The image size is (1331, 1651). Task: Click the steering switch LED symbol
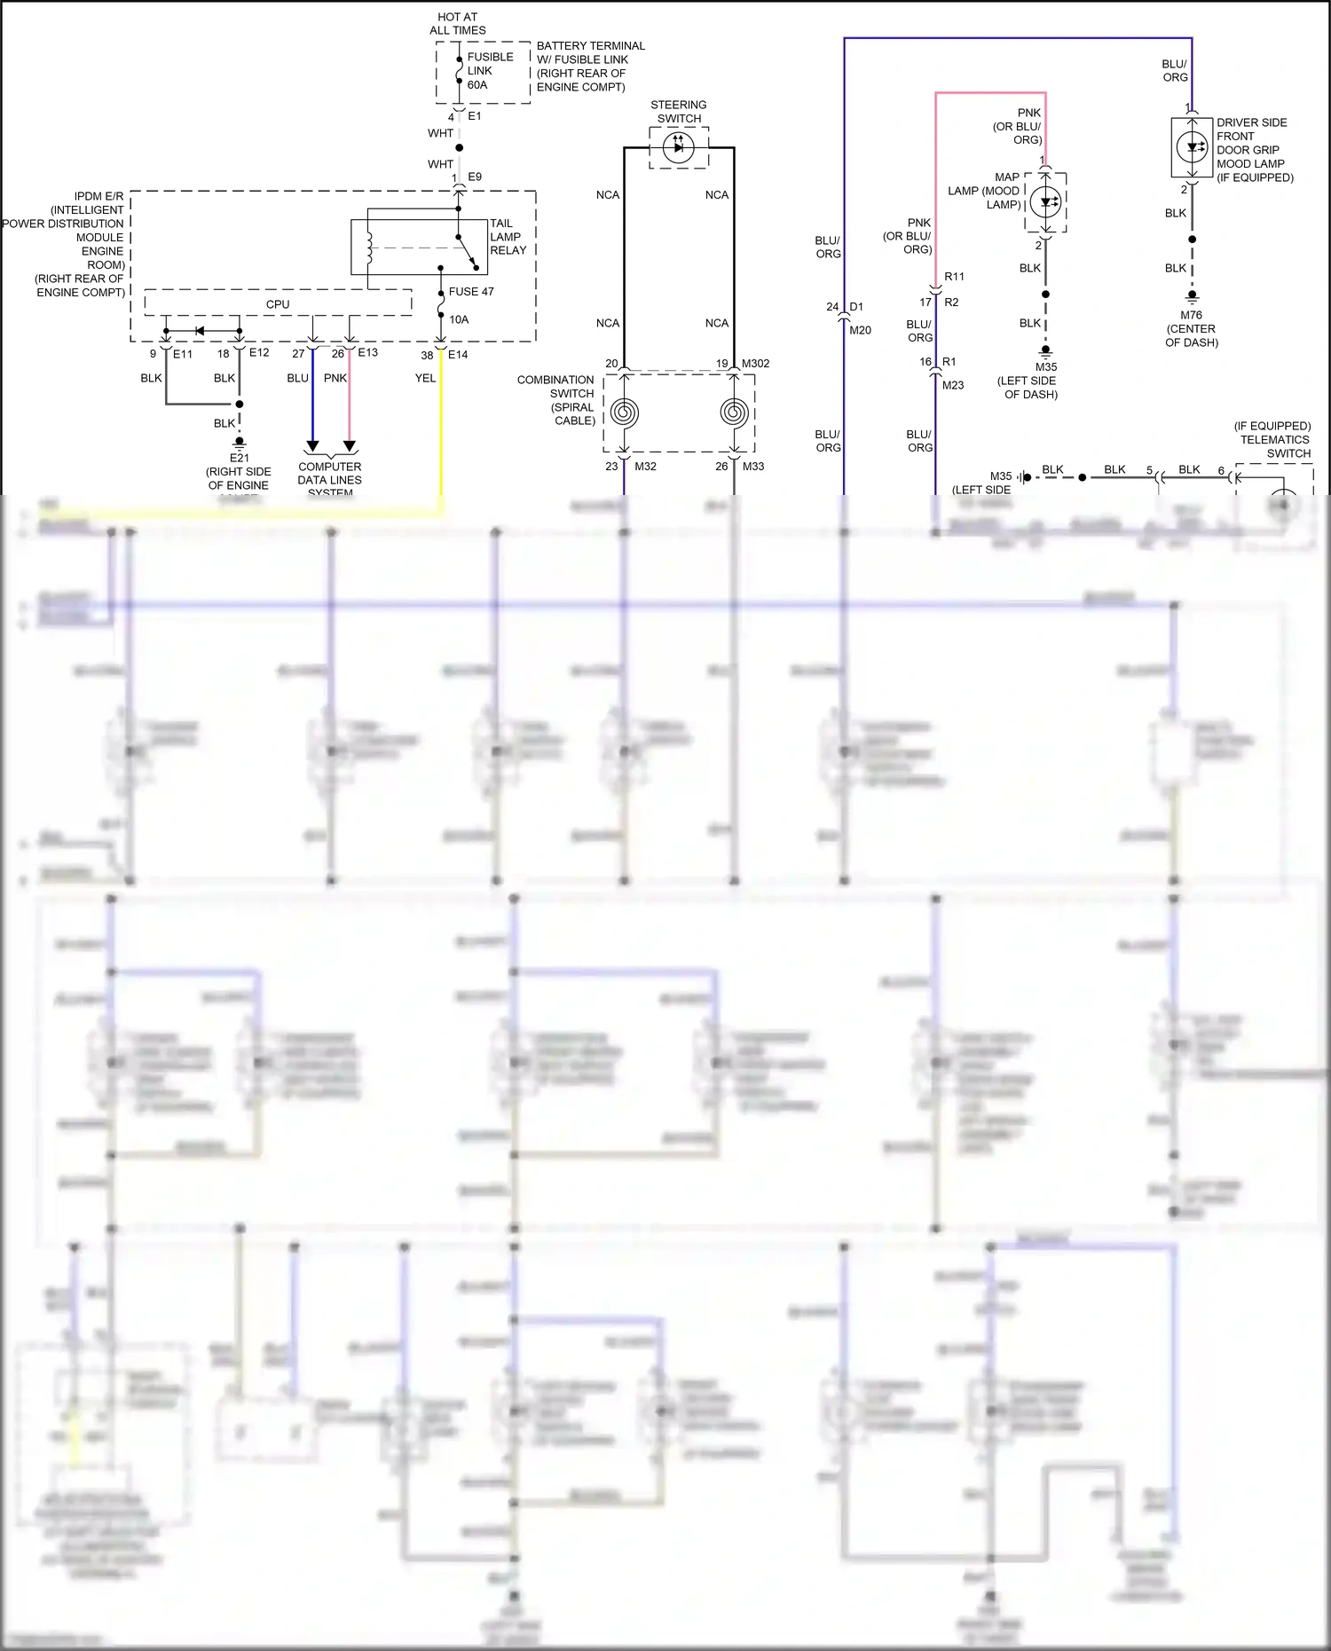click(679, 147)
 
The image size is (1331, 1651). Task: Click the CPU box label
click(278, 304)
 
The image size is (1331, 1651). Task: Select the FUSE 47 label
click(471, 292)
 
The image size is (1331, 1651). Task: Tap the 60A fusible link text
click(477, 85)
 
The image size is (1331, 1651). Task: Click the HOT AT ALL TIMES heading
click(458, 23)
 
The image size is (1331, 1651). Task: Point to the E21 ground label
click(239, 458)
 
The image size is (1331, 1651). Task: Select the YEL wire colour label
click(425, 378)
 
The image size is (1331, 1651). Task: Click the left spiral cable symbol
click(624, 413)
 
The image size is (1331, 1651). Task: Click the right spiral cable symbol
click(734, 413)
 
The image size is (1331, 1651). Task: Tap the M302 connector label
click(755, 364)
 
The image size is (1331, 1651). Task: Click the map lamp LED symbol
click(1046, 202)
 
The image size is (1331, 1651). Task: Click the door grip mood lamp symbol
click(1192, 147)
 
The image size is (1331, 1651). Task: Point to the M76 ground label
click(1191, 315)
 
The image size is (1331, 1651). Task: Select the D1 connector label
click(856, 307)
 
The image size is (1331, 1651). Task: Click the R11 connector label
click(954, 277)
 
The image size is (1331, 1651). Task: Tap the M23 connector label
click(953, 385)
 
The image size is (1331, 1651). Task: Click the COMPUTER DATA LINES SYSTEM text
click(330, 479)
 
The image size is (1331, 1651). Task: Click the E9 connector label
click(475, 177)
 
